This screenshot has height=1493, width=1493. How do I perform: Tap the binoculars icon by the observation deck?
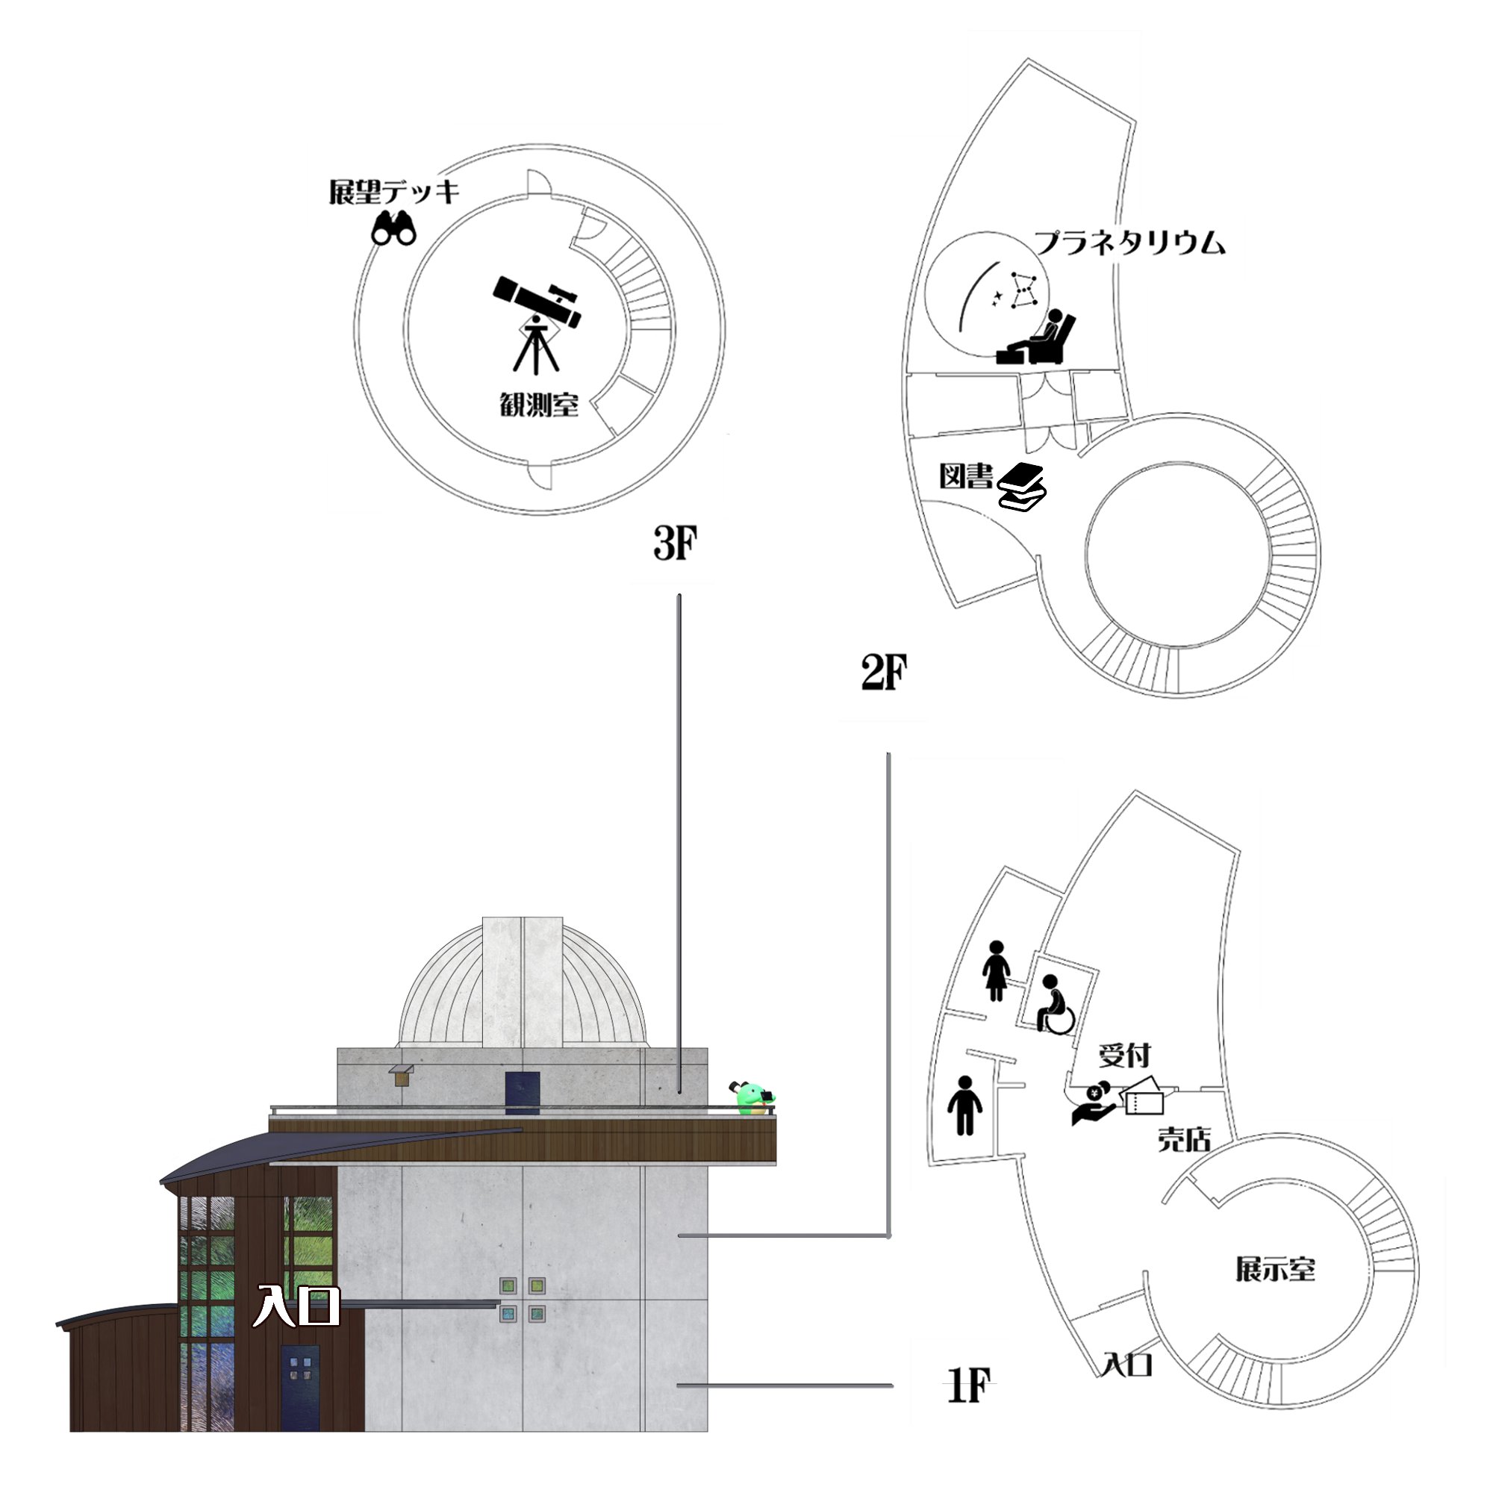394,228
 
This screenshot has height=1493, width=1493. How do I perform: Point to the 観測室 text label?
539,404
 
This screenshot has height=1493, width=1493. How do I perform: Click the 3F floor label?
675,543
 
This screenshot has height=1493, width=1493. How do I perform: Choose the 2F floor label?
883,673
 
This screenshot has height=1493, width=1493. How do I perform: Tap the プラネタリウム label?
1129,243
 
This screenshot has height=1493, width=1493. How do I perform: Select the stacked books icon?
1022,487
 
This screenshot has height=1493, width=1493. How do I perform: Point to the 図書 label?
965,476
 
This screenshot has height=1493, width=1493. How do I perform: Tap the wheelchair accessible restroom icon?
1053,1004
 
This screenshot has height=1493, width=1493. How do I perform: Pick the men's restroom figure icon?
964,1105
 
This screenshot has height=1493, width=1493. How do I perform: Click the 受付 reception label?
1124,1055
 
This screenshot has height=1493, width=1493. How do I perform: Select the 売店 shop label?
1184,1139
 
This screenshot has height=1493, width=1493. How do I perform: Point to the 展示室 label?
1275,1270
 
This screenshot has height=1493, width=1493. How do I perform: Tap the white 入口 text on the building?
298,1306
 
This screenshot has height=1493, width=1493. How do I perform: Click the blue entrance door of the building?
300,1387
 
